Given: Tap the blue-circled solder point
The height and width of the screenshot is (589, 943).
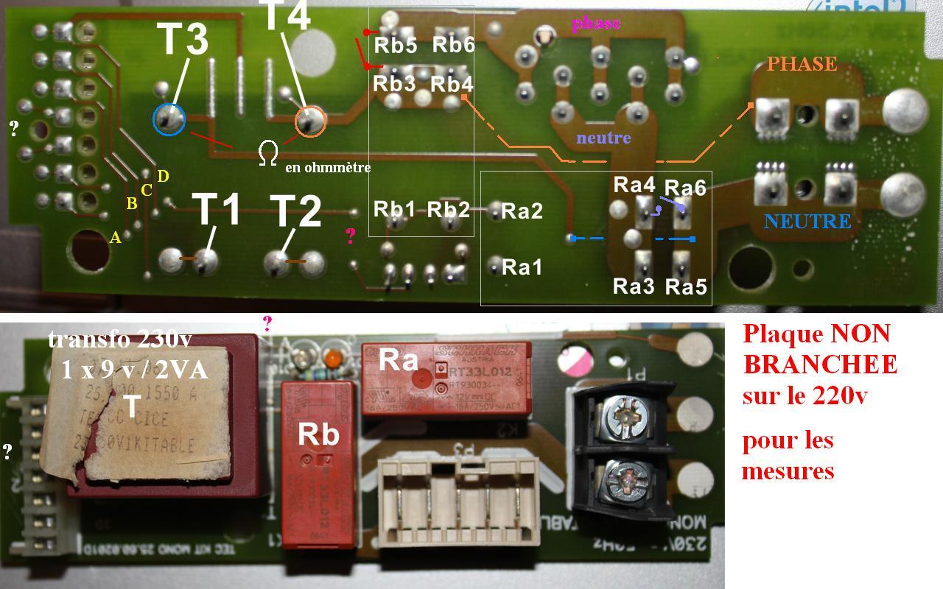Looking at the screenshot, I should [169, 119].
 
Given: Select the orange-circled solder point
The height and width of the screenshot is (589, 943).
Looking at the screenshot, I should [310, 122].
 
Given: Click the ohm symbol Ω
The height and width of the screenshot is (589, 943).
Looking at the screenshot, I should [268, 153].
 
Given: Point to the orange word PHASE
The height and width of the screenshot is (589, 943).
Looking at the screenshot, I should [802, 64].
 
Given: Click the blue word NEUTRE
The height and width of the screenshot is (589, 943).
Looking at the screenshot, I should [807, 221].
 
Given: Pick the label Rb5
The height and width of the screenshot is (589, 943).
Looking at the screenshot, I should [396, 45].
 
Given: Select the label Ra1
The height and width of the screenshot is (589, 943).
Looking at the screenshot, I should [522, 267].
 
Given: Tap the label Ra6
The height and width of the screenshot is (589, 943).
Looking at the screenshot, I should [685, 188].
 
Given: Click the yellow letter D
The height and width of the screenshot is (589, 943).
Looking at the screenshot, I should [163, 176].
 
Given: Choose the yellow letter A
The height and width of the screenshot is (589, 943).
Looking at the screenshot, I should [115, 237].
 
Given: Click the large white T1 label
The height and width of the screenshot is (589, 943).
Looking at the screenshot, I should [216, 210].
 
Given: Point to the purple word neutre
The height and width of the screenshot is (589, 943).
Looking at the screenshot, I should [603, 138].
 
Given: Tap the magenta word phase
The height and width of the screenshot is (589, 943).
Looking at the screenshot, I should [596, 23].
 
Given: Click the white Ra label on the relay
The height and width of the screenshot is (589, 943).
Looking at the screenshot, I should [399, 360].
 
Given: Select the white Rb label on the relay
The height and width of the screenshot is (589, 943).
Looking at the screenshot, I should [318, 434].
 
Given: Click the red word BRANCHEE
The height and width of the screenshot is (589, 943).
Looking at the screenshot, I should [819, 364].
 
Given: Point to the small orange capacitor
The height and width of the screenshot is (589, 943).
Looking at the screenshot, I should [332, 359].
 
